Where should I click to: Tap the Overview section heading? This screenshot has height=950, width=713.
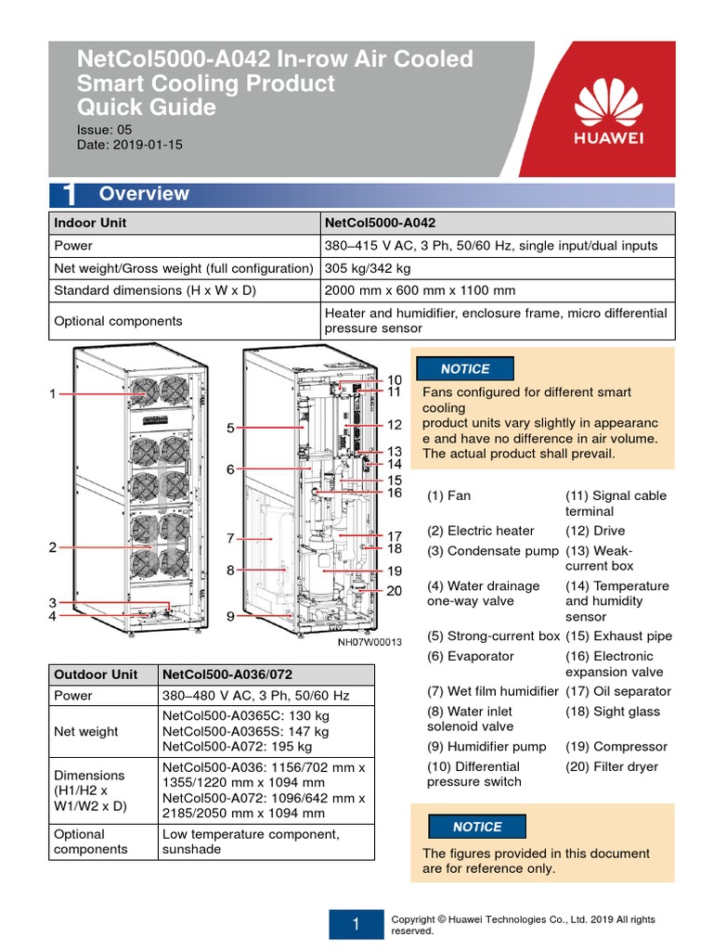point(143,194)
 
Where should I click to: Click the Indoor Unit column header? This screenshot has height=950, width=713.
point(90,223)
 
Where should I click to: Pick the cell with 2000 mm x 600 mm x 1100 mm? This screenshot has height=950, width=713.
point(420,290)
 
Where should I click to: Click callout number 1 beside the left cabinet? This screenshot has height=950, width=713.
point(53,394)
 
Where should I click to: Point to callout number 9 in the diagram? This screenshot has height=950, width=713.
point(230,615)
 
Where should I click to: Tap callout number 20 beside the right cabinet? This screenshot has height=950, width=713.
point(395,591)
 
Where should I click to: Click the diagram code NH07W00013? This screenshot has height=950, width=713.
point(369,642)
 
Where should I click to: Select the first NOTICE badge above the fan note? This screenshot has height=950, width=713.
point(465,369)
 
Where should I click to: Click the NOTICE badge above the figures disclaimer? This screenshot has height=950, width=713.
point(477,827)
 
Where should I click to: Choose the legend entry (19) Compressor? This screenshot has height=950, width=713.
point(616,746)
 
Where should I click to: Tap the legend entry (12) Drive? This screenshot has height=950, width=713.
point(596,531)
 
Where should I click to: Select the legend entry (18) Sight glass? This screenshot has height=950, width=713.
point(613,712)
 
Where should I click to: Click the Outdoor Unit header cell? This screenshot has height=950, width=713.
point(96,674)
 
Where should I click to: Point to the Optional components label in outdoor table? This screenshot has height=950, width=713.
point(91,841)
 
